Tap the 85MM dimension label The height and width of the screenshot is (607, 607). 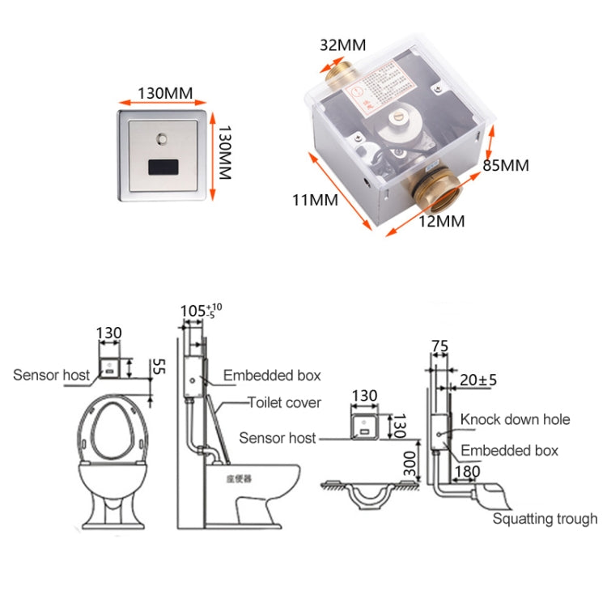click(x=506, y=165)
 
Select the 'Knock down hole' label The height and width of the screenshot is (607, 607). click(x=515, y=419)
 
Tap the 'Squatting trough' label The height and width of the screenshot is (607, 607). click(x=545, y=519)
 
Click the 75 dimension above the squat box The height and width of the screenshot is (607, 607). click(x=439, y=346)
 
